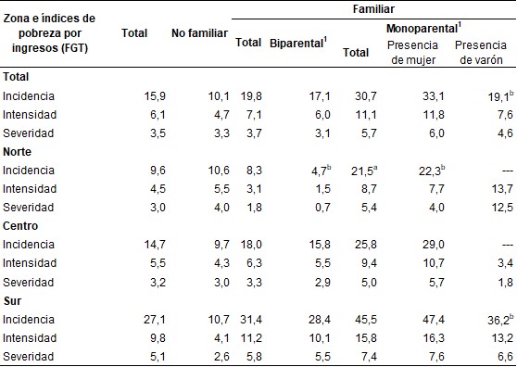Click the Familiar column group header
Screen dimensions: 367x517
[372, 8]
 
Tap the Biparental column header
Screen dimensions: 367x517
[299, 42]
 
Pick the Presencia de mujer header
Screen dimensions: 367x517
[414, 51]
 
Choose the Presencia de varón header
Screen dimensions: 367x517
[481, 51]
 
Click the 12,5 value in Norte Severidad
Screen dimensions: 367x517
[501, 207]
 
